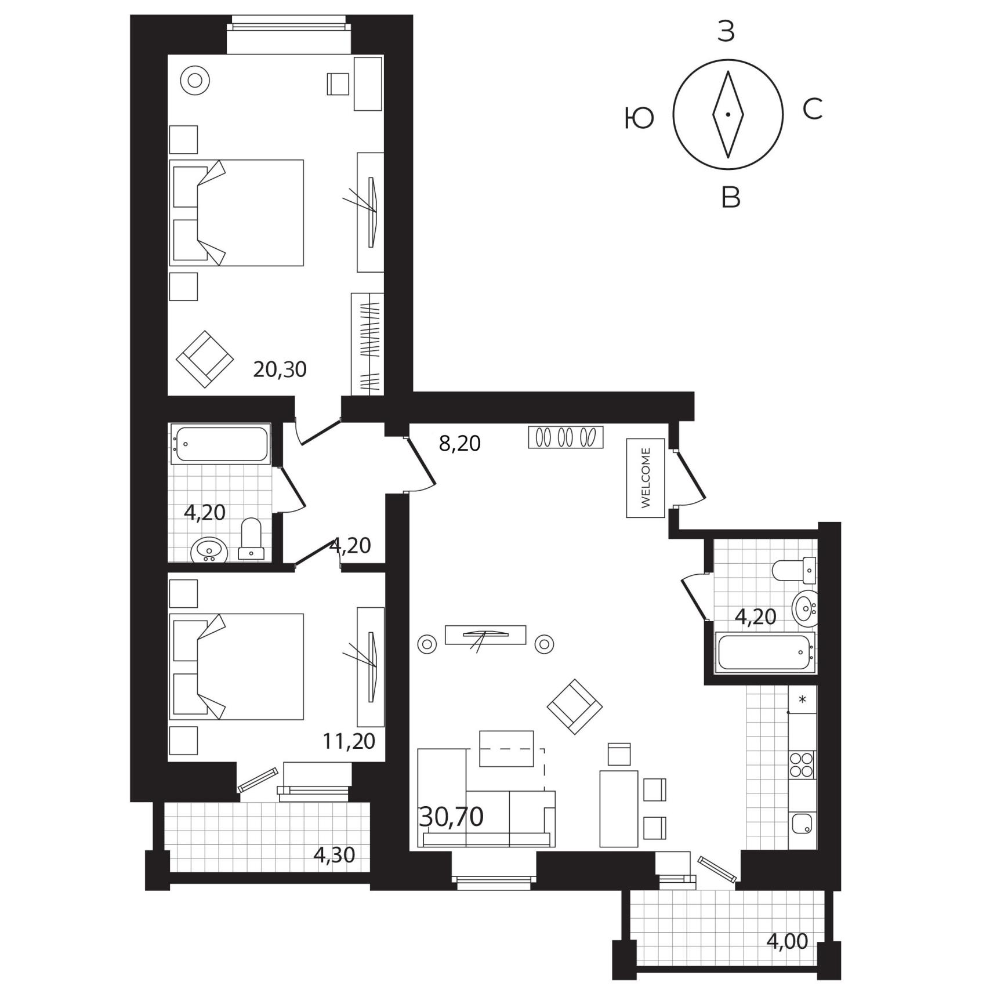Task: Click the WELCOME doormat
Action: (x=646, y=478)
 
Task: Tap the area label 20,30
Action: (x=280, y=369)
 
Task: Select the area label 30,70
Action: (x=451, y=817)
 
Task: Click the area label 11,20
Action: (x=349, y=741)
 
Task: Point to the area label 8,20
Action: (x=460, y=444)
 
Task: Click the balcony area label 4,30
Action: (x=333, y=854)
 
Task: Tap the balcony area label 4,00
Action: (x=787, y=941)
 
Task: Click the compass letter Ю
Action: (x=639, y=119)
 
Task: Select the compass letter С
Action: (x=813, y=108)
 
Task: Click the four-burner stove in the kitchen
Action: (x=801, y=764)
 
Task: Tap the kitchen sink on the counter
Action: (x=802, y=824)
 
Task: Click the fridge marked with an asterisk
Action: (x=802, y=699)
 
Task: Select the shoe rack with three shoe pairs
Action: (x=565, y=437)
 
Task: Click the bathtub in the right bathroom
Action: (x=764, y=652)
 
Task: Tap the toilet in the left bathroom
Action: (x=251, y=539)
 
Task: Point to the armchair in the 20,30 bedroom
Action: (x=205, y=359)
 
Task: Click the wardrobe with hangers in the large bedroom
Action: (x=368, y=345)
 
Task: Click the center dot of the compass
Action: (x=728, y=114)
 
